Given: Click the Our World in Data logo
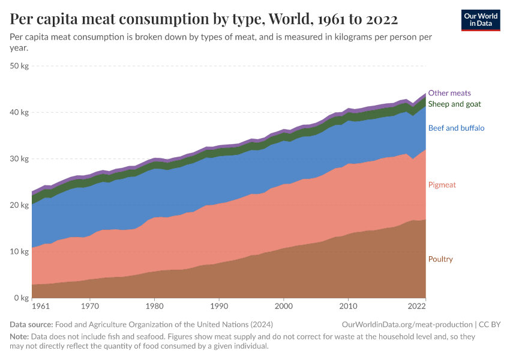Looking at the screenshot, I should pyautogui.click(x=480, y=20).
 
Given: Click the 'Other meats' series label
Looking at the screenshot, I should pyautogui.click(x=449, y=93).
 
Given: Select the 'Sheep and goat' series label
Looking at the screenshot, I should pyautogui.click(x=454, y=104).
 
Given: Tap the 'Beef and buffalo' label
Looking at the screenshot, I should pyautogui.click(x=456, y=128).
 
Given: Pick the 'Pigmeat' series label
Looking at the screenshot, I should pyautogui.click(x=442, y=185).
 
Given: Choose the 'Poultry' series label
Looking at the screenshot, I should pyautogui.click(x=440, y=259).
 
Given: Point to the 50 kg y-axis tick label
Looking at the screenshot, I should pyautogui.click(x=20, y=66).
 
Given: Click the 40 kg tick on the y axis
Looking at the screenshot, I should pyautogui.click(x=20, y=113).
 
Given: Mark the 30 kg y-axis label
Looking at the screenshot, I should pyautogui.click(x=20, y=159).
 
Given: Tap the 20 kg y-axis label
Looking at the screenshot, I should pyautogui.click(x=20, y=205).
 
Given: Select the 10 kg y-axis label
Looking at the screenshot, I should pyautogui.click(x=20, y=251).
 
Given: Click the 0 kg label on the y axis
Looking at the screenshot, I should pyautogui.click(x=22, y=298).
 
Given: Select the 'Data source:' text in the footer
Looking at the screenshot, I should pyautogui.click(x=33, y=325).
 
